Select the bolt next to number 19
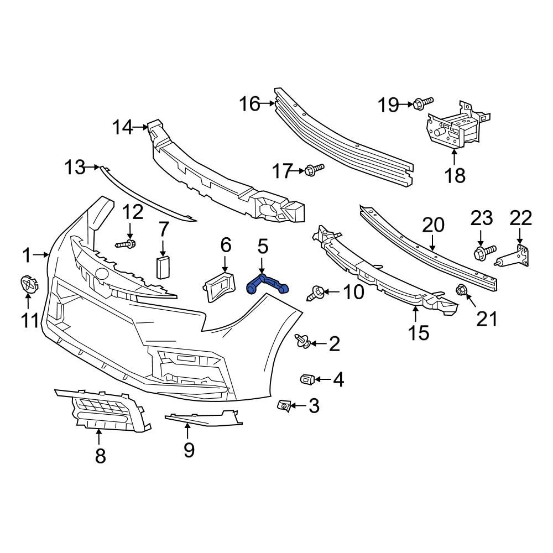click(x=422, y=102)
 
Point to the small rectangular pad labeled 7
click(x=163, y=267)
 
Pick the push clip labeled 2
click(x=302, y=342)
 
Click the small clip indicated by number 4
click(x=307, y=379)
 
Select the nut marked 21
click(x=460, y=289)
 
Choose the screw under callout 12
click(x=127, y=243)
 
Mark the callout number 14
click(x=123, y=128)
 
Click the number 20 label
click(x=433, y=225)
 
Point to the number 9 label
click(x=189, y=450)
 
